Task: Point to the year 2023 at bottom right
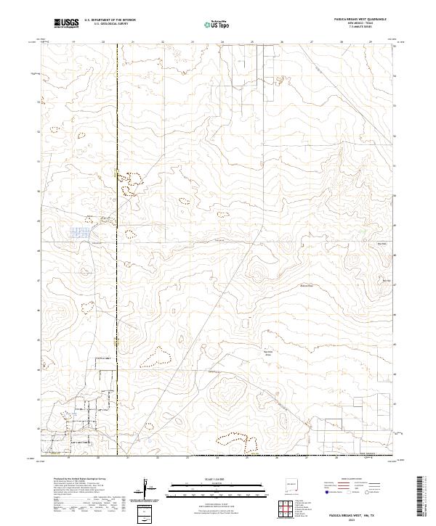(351, 519)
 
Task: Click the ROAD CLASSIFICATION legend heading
(351, 479)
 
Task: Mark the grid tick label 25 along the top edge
(252, 42)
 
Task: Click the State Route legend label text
(374, 491)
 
